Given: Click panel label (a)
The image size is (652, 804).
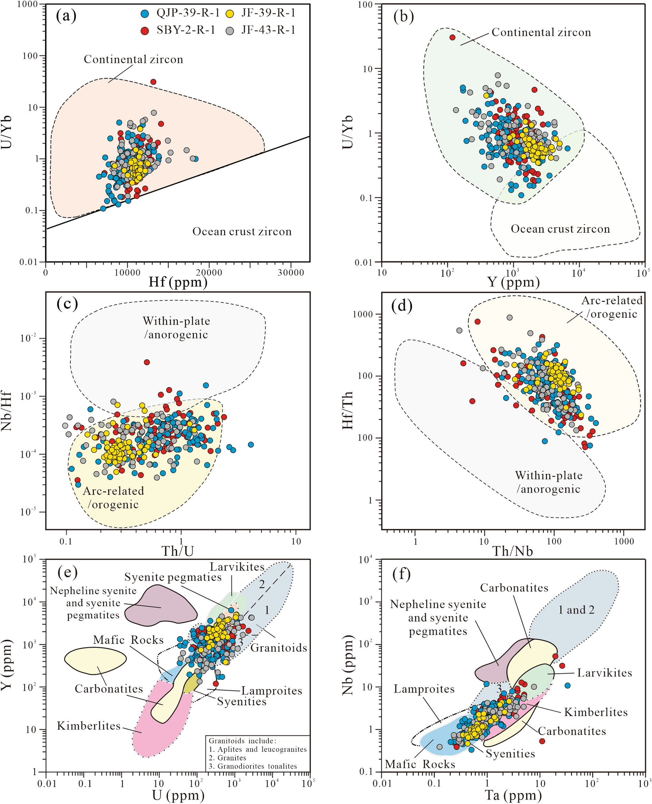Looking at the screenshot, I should [x=66, y=16].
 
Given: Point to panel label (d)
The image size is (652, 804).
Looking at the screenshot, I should [x=402, y=306].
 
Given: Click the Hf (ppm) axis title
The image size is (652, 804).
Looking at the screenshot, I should [x=178, y=282].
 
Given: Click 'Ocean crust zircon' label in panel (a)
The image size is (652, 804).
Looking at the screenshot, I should [x=242, y=231].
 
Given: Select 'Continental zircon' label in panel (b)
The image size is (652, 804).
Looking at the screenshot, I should [x=541, y=33].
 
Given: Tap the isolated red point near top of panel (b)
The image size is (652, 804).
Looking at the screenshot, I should [x=452, y=37].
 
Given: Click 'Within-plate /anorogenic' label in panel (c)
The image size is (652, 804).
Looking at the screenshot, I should [x=176, y=328].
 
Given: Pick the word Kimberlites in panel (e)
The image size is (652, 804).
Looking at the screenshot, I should [x=89, y=726].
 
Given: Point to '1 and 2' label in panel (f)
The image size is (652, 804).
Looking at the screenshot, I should [x=576, y=610].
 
